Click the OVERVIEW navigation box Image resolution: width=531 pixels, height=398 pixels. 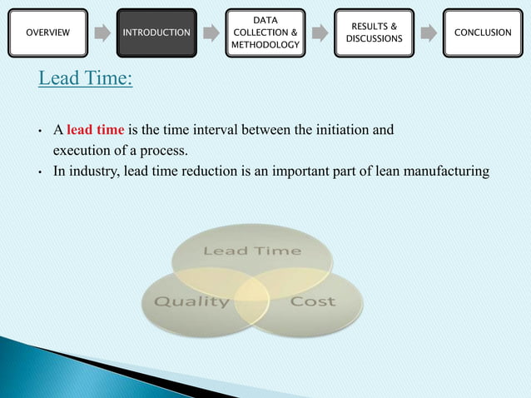pyautogui.click(x=48, y=32)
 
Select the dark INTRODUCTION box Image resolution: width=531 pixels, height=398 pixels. pyautogui.click(x=156, y=32)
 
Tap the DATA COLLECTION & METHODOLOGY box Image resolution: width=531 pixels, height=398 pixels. pyautogui.click(x=265, y=32)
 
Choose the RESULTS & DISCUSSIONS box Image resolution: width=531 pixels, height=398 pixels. pyautogui.click(x=374, y=32)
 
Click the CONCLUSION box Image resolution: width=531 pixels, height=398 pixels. pyautogui.click(x=483, y=32)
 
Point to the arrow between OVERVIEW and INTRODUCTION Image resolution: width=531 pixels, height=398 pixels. pyautogui.click(x=102, y=33)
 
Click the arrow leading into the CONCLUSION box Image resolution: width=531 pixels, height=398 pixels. pyautogui.click(x=428, y=33)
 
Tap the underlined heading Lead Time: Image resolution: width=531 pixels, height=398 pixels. pyautogui.click(x=86, y=79)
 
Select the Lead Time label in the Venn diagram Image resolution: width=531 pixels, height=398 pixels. pyautogui.click(x=252, y=251)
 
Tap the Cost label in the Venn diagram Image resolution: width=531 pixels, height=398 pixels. pyautogui.click(x=312, y=301)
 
